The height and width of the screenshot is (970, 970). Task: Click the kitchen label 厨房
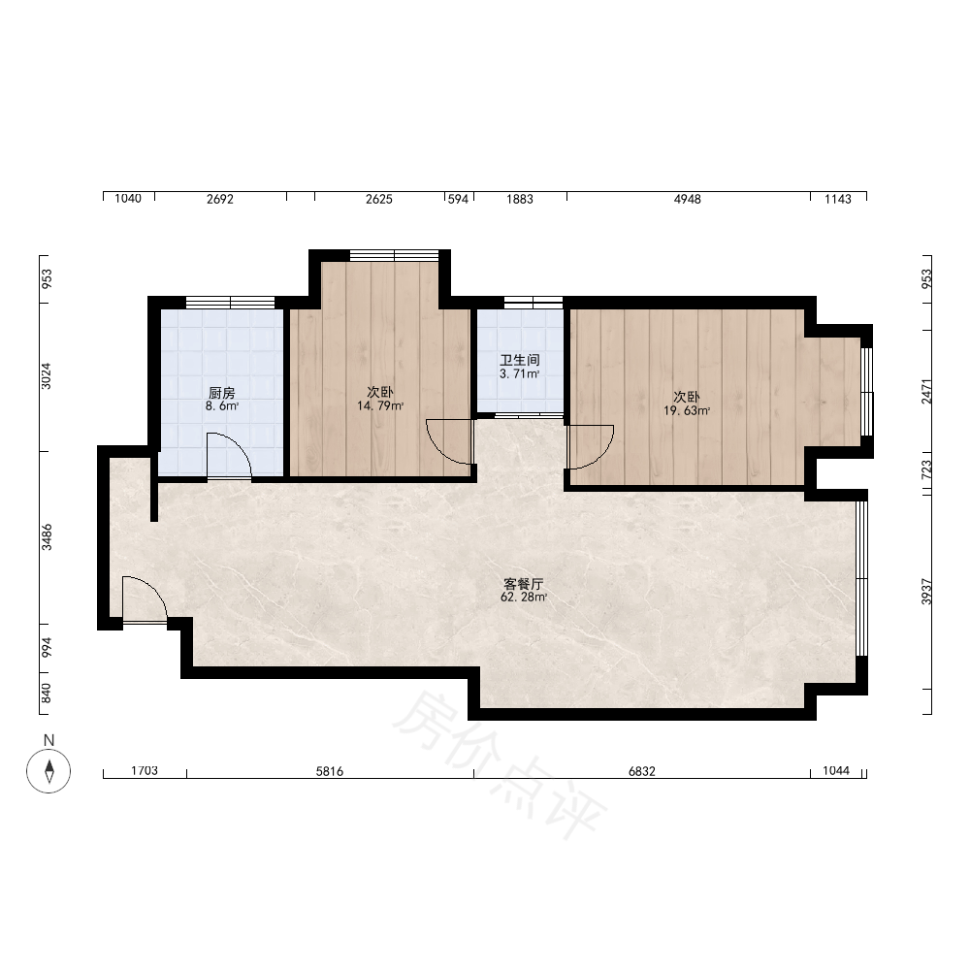(221, 393)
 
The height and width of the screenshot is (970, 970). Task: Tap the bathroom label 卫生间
(520, 360)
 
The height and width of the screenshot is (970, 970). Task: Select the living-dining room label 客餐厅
(524, 584)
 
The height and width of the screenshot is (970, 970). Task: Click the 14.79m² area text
(380, 406)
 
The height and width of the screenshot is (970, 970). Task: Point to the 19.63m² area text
(687, 410)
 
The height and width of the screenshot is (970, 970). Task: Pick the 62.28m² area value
(524, 598)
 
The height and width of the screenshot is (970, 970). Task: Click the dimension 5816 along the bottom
(330, 771)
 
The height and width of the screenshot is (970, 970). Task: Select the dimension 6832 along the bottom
(641, 771)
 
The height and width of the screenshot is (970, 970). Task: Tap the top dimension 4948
(688, 199)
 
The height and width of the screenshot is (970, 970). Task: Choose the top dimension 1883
(520, 199)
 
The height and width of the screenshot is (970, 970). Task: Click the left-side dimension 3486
(47, 537)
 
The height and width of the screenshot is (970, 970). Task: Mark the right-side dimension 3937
(926, 592)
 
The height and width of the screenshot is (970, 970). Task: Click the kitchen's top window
(230, 303)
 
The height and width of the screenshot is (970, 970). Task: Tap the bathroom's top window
(533, 303)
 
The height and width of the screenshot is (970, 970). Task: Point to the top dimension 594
(458, 199)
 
